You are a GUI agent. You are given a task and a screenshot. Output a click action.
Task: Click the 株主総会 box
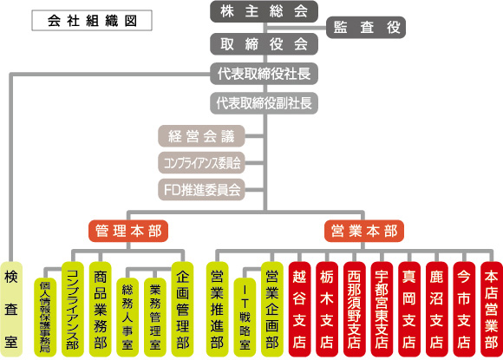264,11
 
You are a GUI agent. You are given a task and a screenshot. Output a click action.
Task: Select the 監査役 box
366,27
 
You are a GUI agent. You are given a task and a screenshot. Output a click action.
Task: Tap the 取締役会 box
264,44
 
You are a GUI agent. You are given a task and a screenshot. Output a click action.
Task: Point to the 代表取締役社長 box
264,74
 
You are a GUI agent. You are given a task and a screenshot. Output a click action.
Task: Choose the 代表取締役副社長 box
264,103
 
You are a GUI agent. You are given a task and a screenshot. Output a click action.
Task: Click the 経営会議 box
201,136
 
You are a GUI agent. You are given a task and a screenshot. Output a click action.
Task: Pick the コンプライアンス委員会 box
201,163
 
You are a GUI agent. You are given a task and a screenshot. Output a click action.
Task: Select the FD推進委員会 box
201,190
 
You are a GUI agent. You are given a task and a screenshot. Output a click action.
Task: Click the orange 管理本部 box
128,231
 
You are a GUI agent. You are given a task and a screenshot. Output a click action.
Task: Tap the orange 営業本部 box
364,231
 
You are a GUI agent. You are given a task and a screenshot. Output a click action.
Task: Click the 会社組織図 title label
92,21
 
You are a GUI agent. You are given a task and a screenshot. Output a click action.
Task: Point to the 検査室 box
11,309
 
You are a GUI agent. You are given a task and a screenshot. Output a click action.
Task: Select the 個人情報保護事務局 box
45,317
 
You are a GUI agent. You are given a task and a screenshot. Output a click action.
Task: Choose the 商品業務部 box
100,309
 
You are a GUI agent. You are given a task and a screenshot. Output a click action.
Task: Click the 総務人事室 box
127,317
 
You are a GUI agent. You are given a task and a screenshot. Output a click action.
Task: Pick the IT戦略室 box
245,317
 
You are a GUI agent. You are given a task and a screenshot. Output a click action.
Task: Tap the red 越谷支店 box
299,309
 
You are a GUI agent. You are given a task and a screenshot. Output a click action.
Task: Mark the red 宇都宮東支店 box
382,309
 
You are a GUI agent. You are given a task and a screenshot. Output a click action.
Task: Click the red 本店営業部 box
492,309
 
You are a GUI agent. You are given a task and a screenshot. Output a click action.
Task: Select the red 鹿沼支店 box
436,309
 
